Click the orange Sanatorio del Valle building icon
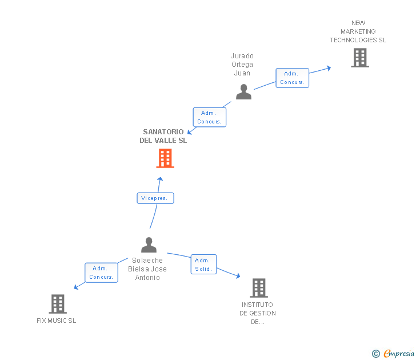[x=165, y=158]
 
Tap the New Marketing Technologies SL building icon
[x=359, y=58]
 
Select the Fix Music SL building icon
[x=58, y=304]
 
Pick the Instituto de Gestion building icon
[x=258, y=288]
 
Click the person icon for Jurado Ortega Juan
[x=243, y=92]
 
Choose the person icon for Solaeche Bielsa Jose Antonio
[x=149, y=245]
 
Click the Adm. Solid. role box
[x=203, y=265]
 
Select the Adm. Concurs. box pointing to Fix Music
[x=101, y=273]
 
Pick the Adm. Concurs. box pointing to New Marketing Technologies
[x=292, y=78]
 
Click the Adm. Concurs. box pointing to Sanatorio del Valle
[x=210, y=117]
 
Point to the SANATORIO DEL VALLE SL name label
[x=163, y=136]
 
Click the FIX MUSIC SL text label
[x=56, y=321]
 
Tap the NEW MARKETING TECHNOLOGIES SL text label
[x=358, y=31]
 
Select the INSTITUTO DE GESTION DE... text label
[x=258, y=313]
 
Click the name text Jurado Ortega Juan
[x=242, y=65]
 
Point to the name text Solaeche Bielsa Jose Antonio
[x=147, y=269]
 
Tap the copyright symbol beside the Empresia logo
[x=376, y=354]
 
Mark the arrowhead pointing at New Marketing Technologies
[x=329, y=68]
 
